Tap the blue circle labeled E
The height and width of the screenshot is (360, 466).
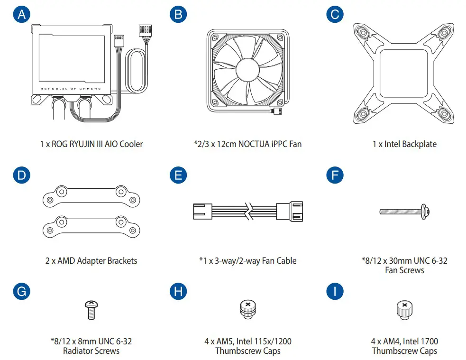click(x=178, y=175)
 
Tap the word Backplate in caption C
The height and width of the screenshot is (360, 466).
click(x=420, y=144)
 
